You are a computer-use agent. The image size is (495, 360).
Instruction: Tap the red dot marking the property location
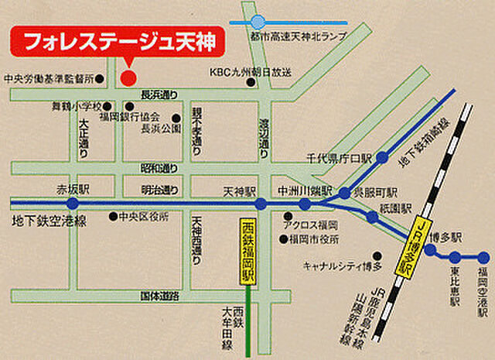128,77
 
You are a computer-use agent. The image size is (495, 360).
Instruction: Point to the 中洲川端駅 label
305,190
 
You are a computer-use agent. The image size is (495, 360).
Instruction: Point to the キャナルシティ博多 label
343,266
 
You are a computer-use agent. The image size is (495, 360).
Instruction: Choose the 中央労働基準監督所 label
48,78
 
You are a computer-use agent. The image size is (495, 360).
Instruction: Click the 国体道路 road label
159,296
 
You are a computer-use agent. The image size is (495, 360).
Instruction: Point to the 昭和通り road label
159,167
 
